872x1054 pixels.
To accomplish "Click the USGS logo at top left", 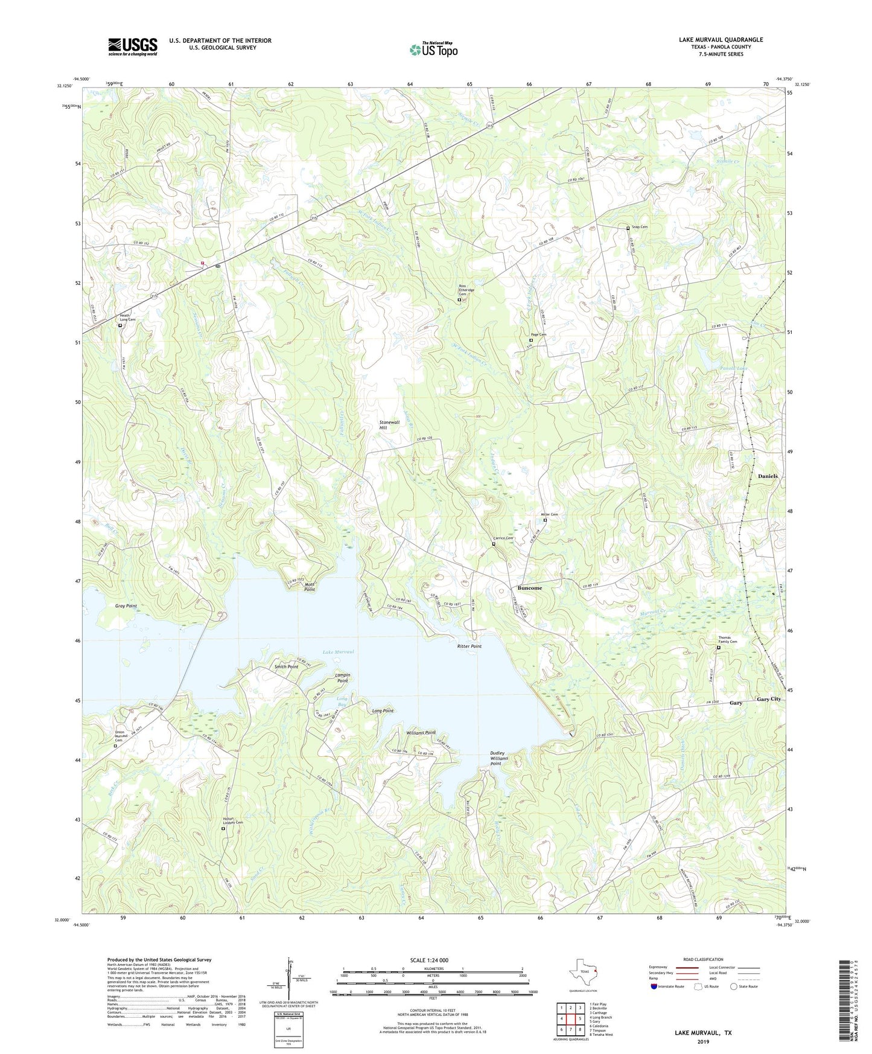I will click(x=133, y=46).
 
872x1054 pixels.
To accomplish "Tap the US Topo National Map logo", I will click(x=433, y=50).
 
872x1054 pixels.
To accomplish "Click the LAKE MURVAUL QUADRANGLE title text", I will click(x=721, y=40).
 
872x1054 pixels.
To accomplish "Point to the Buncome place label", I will click(x=530, y=587).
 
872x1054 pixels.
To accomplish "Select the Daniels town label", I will click(x=768, y=476).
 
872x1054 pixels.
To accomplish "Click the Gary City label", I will click(x=769, y=698).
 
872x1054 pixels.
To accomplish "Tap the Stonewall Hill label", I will click(x=390, y=424).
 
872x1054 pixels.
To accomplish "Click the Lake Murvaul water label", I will click(x=338, y=652).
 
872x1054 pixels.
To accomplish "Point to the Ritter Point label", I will click(x=469, y=646).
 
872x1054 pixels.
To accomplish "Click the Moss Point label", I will click(x=310, y=587).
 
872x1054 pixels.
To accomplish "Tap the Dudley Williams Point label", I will click(x=498, y=758).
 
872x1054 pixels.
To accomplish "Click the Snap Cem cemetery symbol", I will click(x=628, y=228).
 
